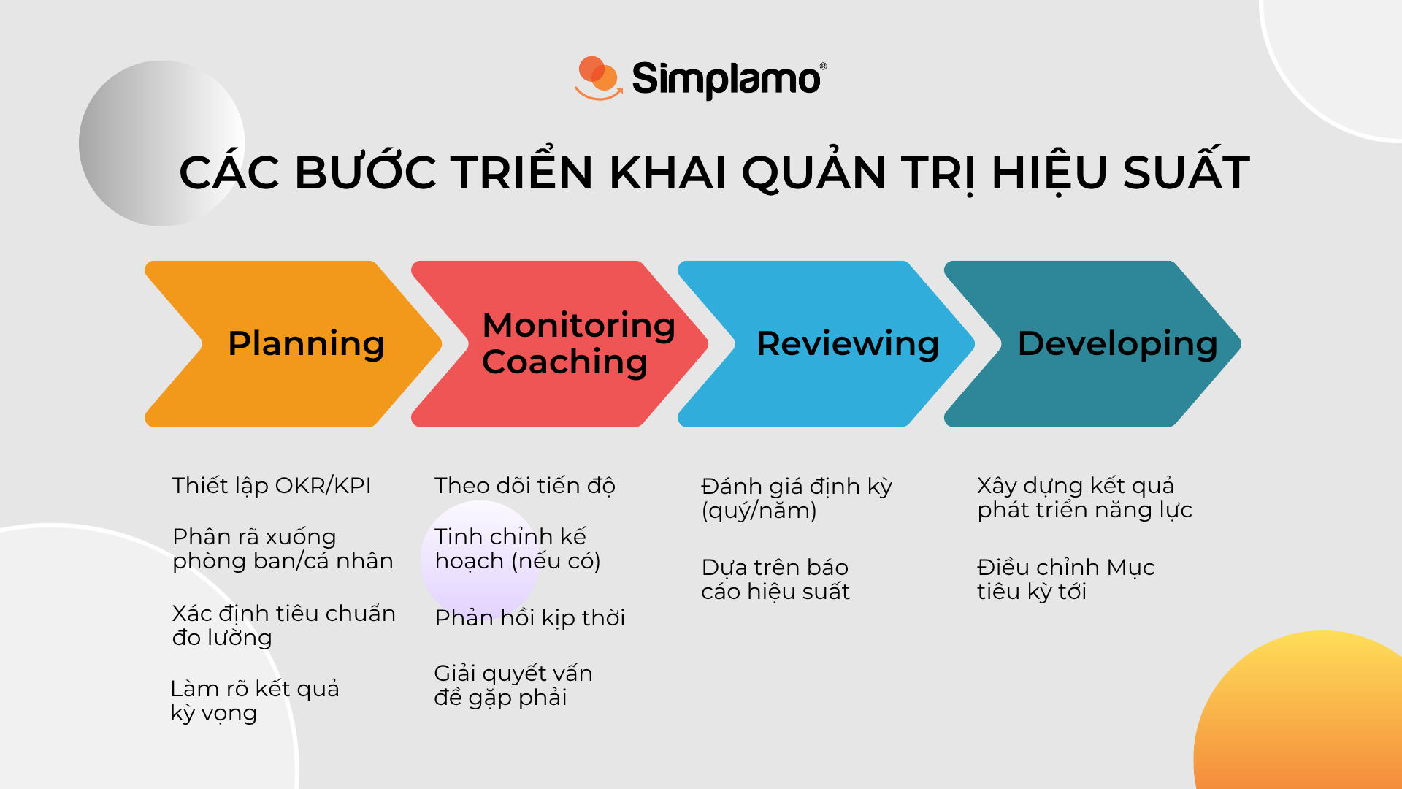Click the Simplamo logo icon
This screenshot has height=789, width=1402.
click(598, 77)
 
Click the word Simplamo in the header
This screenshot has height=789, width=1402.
click(727, 79)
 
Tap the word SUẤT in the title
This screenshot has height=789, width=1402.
click(1186, 172)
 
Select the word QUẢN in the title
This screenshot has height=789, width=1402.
click(813, 172)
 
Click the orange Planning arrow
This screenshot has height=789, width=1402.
click(292, 343)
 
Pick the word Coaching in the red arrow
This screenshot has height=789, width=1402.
click(564, 362)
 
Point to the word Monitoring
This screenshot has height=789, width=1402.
click(578, 325)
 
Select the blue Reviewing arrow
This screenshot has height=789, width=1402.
click(825, 343)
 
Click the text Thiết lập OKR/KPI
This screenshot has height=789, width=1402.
click(272, 486)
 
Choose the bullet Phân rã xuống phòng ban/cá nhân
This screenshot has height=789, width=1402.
click(282, 549)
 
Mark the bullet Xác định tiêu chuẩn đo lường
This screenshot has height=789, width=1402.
click(283, 625)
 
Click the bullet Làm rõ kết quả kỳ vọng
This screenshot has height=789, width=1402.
click(254, 701)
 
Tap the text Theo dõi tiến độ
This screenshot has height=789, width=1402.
click(524, 486)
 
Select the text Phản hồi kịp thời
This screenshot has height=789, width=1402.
click(529, 618)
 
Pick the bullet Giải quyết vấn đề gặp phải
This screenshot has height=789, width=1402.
click(513, 685)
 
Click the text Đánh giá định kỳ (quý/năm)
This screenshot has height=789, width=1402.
click(796, 498)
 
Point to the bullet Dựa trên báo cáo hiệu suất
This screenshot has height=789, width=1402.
click(775, 579)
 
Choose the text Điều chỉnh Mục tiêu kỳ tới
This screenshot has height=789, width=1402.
click(1065, 579)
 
